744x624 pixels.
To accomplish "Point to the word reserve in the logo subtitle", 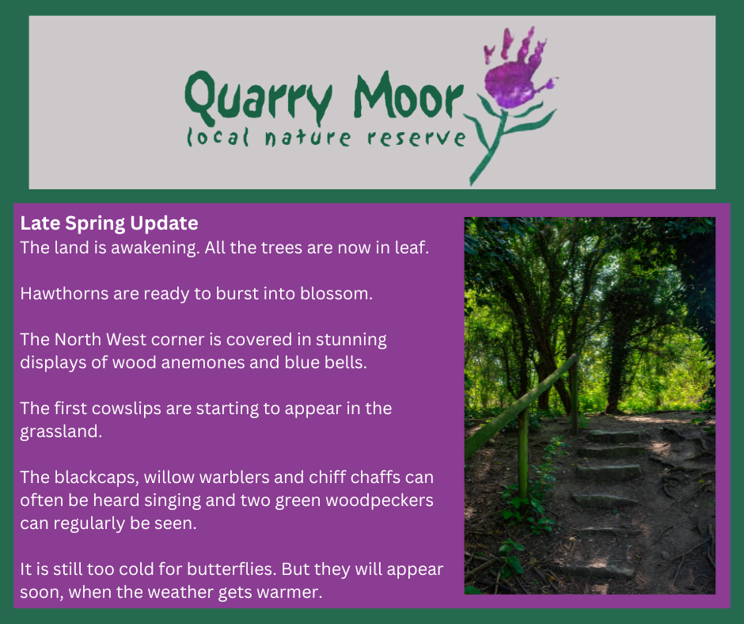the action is pos(416,138).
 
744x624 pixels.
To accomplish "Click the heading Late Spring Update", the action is pos(109,223).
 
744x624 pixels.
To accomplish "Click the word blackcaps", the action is pos(97,478).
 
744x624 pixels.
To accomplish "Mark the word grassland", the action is pos(61,432).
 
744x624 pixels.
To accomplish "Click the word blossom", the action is pos(336,294).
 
